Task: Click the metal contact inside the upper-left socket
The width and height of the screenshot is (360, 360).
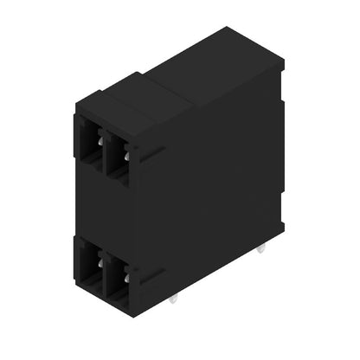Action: click(101, 141)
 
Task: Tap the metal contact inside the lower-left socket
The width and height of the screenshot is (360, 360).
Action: click(101, 261)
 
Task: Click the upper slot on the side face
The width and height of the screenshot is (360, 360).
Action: click(152, 155)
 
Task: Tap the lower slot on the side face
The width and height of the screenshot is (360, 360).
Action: click(152, 277)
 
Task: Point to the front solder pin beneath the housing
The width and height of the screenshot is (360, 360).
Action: click(173, 299)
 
